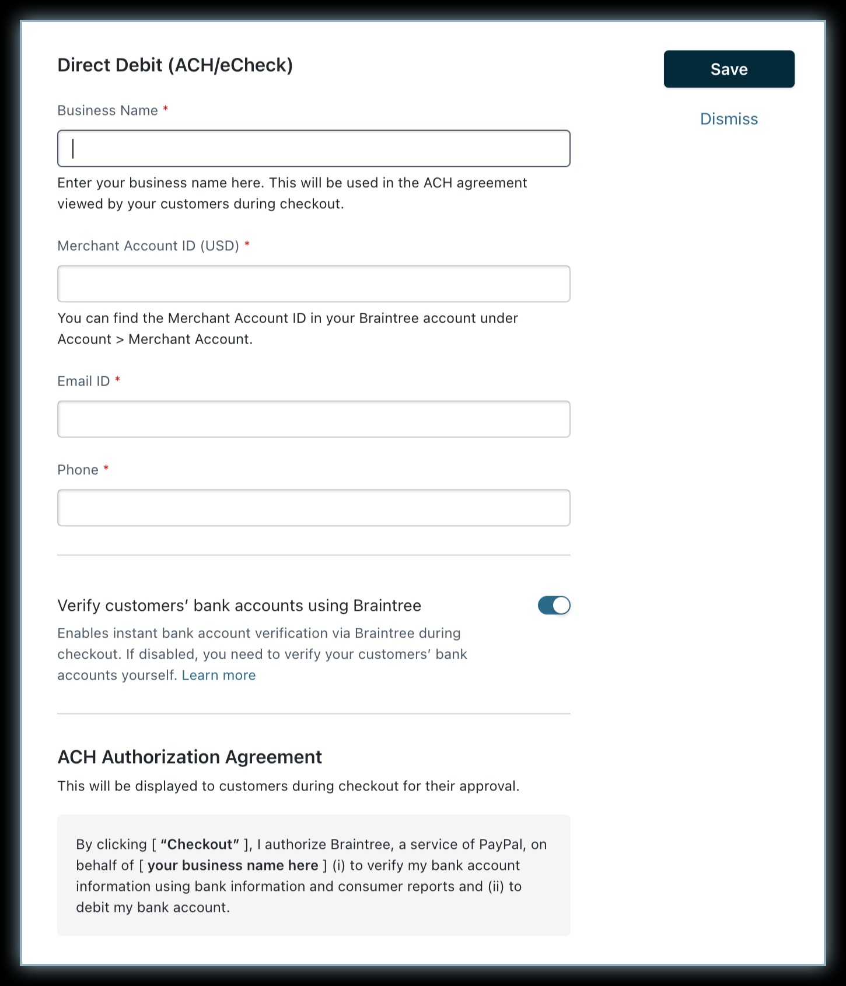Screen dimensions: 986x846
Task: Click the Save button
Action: (x=729, y=69)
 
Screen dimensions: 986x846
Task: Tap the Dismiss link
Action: (x=729, y=119)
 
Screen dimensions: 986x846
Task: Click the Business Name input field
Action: (x=314, y=149)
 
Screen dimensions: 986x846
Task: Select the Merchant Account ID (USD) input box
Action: (x=314, y=284)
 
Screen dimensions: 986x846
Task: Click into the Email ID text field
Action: (x=314, y=419)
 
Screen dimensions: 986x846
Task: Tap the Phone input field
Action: (x=314, y=508)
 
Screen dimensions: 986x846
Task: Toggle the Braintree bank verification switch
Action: (x=554, y=606)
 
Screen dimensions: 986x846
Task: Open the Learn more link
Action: (x=219, y=676)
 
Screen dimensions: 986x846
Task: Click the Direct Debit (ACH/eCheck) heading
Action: (x=175, y=65)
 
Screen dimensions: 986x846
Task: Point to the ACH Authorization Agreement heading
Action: (x=190, y=757)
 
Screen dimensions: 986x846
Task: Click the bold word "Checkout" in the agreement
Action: (x=200, y=845)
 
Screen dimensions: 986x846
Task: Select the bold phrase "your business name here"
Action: (x=233, y=866)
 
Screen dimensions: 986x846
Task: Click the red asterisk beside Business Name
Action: (x=166, y=109)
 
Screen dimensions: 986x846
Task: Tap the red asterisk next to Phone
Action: (x=106, y=468)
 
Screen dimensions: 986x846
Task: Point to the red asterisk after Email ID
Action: (x=118, y=380)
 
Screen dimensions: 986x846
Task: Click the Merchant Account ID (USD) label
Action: (x=148, y=246)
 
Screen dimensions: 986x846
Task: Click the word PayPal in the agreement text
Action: (x=501, y=845)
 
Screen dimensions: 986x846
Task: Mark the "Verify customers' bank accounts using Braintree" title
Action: (x=239, y=606)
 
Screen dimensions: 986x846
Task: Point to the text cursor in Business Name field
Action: (x=73, y=149)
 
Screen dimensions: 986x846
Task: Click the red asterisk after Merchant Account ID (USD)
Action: (x=247, y=244)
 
